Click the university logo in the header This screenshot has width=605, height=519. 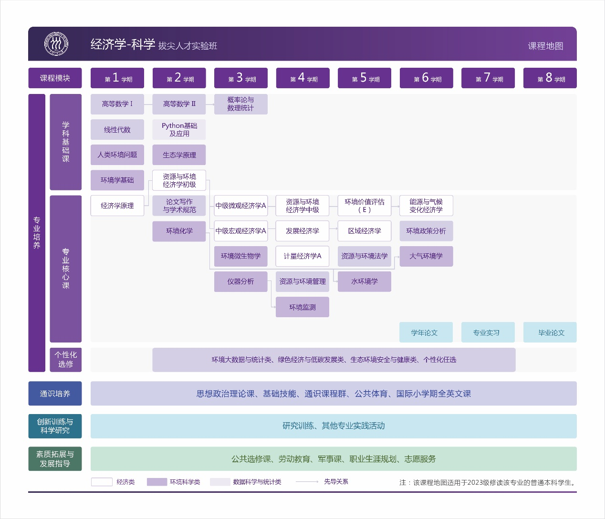pos(56,44)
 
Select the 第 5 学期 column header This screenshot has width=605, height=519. pos(365,78)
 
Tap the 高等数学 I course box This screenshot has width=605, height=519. pos(117,104)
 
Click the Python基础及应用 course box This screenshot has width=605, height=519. pos(179,130)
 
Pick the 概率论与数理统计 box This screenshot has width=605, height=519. pos(241,104)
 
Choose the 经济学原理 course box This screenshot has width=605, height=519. pos(117,206)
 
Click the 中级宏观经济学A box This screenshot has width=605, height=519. pos(241,231)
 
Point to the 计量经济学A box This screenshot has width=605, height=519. pos(302,256)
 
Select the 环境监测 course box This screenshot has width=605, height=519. pos(302,307)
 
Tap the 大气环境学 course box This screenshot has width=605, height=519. pos(426,256)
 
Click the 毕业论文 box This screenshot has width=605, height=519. pos(550,332)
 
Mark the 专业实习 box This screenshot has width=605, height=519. pos(488,332)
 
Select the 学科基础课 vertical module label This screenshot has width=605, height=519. pos(66,142)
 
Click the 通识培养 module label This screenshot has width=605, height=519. pos(55,394)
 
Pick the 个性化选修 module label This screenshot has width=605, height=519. pos(66,359)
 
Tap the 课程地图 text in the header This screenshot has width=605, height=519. pos(545,46)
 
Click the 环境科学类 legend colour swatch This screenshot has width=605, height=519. pos(157,482)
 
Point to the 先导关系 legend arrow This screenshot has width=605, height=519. pos(307,482)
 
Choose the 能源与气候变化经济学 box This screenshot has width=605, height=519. pos(426,206)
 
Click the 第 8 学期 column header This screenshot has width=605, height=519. pos(550,78)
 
